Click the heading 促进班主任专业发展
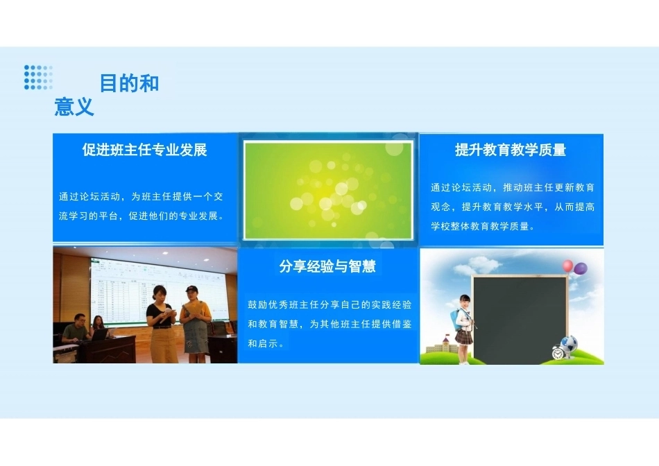(144, 150)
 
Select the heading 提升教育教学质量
(511, 150)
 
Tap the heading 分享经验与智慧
(327, 266)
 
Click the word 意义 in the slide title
(74, 106)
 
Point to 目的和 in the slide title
(130, 83)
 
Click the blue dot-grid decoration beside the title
(38, 77)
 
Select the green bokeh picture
(328, 191)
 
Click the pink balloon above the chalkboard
(568, 266)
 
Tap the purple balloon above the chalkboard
(581, 268)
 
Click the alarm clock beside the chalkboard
(558, 352)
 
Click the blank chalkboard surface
(520, 320)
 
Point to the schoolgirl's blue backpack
(455, 320)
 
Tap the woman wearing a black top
(162, 324)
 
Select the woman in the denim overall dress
(195, 325)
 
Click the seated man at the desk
(75, 329)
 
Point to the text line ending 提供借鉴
(329, 324)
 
